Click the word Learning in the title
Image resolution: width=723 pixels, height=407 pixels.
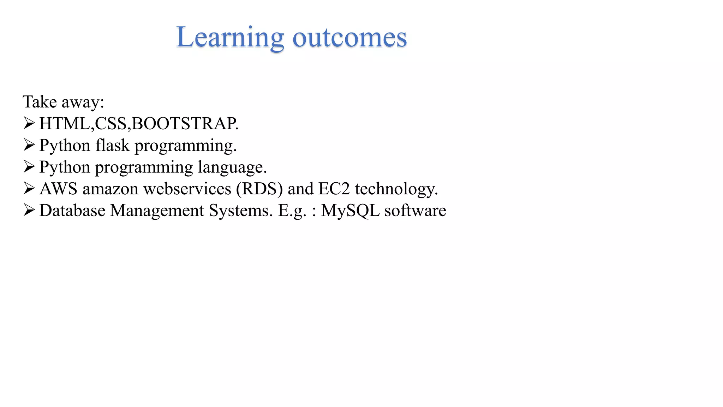(x=230, y=38)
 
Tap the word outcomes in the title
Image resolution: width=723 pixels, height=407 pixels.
(x=349, y=38)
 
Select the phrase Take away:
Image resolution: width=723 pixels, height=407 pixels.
(x=64, y=102)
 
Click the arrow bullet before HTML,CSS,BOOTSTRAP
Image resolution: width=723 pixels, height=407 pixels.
(x=29, y=123)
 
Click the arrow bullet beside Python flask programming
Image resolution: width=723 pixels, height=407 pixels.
(x=29, y=145)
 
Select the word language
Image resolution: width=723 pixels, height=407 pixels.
(x=232, y=167)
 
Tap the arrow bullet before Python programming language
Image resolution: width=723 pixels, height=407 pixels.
(x=29, y=166)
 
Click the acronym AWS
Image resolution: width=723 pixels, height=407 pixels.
(x=58, y=189)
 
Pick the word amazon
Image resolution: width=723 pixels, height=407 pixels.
(x=110, y=189)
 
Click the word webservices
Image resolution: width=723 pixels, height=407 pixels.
(x=187, y=189)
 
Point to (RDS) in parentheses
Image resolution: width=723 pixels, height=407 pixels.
(x=259, y=189)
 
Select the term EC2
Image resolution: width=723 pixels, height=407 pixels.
(x=334, y=189)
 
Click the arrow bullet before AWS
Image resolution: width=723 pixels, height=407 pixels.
(x=29, y=188)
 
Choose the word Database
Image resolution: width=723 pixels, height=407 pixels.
(x=72, y=211)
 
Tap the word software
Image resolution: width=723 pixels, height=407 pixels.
(x=415, y=211)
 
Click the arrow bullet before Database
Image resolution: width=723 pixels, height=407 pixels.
(x=29, y=210)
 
